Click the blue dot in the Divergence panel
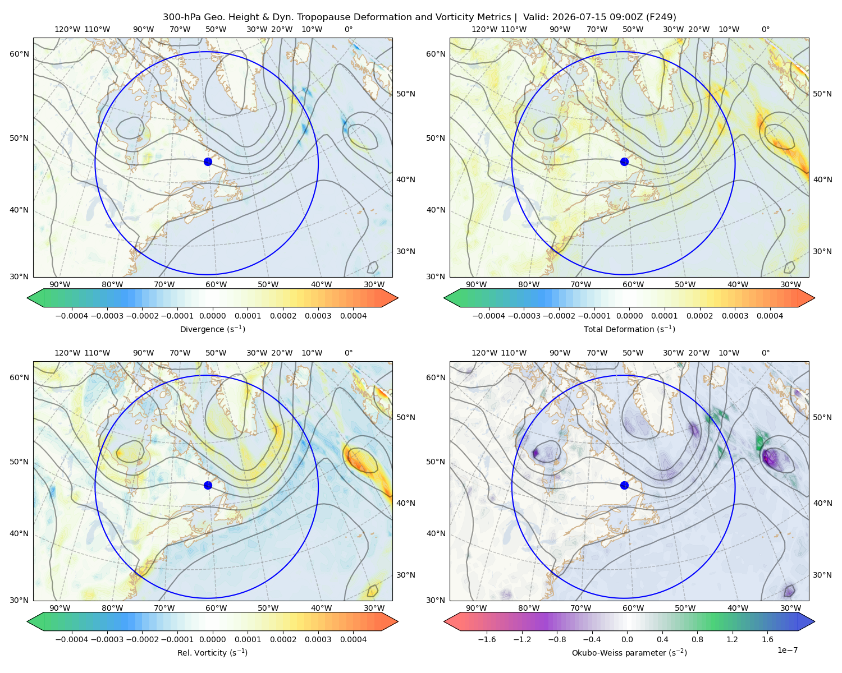[x=208, y=162]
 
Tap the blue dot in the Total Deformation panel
[x=624, y=162]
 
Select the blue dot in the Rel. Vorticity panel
[x=208, y=485]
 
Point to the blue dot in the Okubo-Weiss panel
[x=624, y=485]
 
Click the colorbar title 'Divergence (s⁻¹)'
[x=212, y=329]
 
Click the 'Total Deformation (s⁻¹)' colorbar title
[x=629, y=329]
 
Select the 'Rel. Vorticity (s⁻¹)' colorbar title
[x=212, y=653]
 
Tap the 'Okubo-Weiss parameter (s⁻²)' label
[x=629, y=653]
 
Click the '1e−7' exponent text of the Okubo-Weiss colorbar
[x=787, y=650]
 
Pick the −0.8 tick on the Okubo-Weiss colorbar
[x=557, y=639]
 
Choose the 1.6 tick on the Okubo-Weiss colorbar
[x=768, y=639]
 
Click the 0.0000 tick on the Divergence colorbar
[x=212, y=316]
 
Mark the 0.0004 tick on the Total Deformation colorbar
[x=770, y=316]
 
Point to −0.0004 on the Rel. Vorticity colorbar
[x=72, y=639]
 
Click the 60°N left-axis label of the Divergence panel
[x=19, y=54]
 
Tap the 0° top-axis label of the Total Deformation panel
[x=766, y=29]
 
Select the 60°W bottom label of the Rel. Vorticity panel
[x=216, y=608]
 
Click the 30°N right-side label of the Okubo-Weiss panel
[x=822, y=575]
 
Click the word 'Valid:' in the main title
[x=536, y=17]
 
